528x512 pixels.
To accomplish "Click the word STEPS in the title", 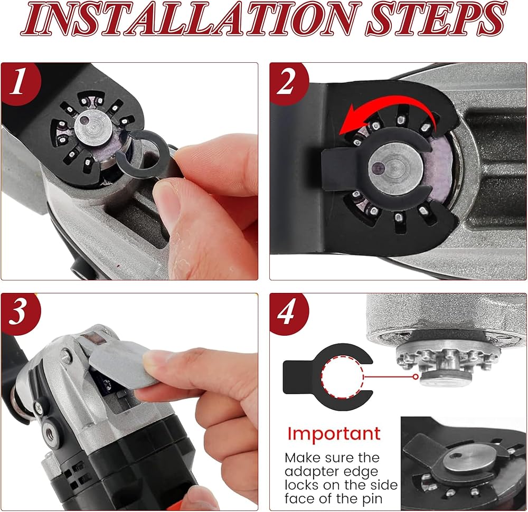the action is pyautogui.click(x=436, y=18).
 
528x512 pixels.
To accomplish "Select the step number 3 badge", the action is pyautogui.click(x=19, y=313).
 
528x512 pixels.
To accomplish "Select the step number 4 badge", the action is pyautogui.click(x=287, y=313).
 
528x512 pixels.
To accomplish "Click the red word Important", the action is pyautogui.click(x=334, y=433).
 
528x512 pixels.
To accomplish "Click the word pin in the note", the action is pyautogui.click(x=372, y=499).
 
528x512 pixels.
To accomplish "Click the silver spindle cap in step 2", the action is pyautogui.click(x=395, y=168).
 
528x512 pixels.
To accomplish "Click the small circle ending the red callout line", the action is pyautogui.click(x=416, y=377).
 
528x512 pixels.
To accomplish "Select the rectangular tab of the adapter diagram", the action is pyautogui.click(x=297, y=377).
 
